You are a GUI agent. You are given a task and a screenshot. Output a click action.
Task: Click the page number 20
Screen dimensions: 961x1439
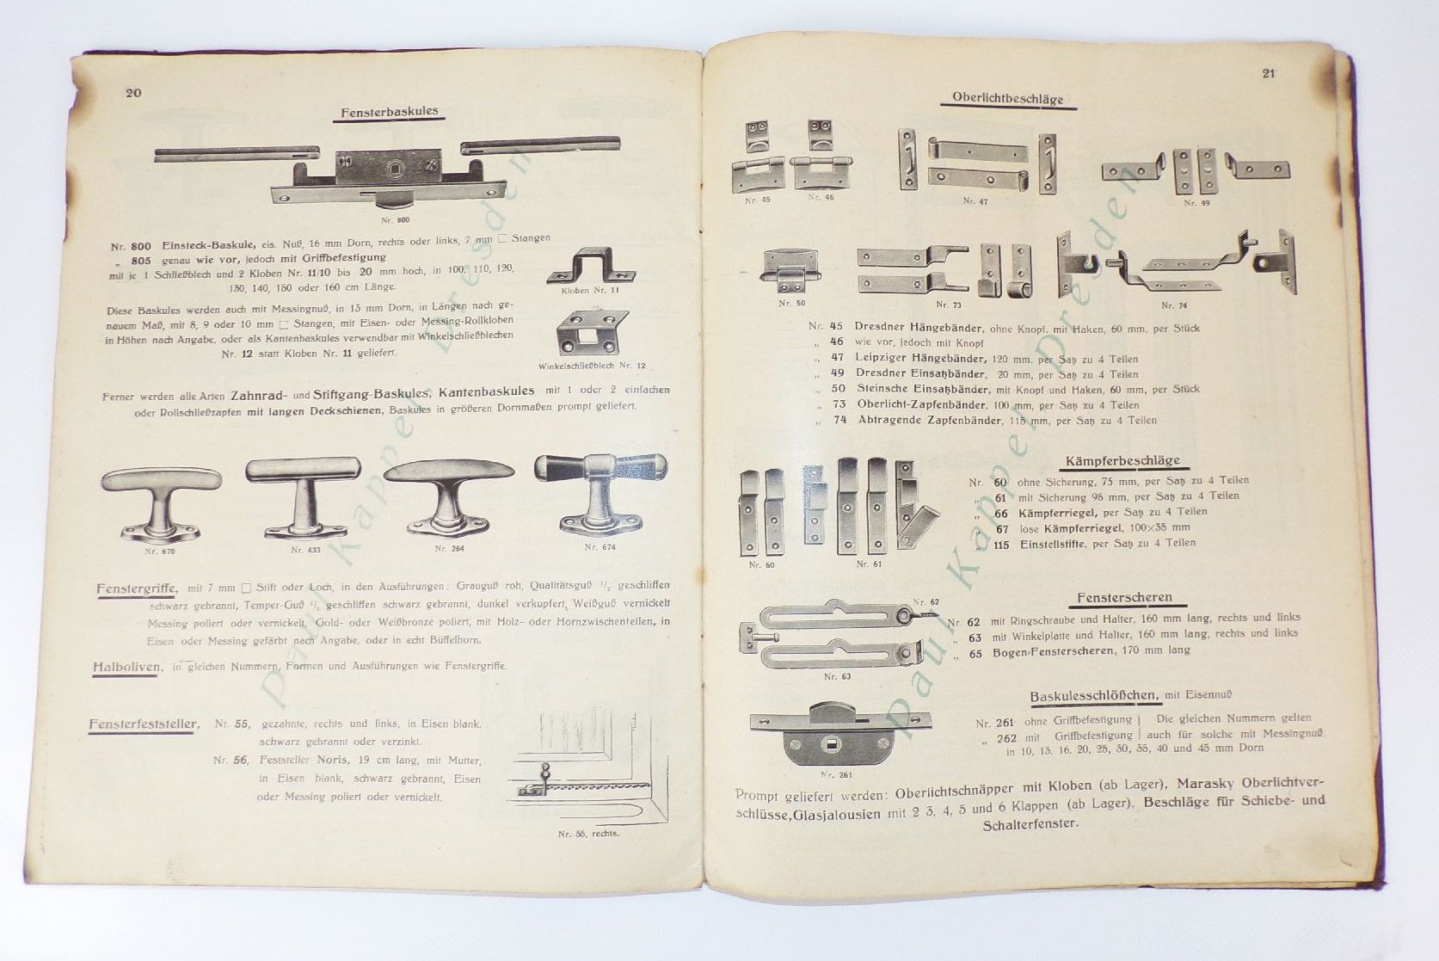(133, 93)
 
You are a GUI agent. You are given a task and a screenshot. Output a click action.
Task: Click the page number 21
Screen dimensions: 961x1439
(1268, 73)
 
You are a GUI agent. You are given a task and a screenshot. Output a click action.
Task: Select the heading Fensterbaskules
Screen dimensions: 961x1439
(390, 112)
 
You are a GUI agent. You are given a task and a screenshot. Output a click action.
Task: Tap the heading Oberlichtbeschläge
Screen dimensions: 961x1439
(1007, 98)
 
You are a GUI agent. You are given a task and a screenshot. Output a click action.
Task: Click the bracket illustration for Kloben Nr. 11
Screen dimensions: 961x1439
(592, 265)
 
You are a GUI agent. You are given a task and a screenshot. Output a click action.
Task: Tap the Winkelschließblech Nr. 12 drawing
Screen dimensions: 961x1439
(592, 334)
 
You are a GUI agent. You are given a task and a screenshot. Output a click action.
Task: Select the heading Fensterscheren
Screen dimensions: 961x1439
(1124, 598)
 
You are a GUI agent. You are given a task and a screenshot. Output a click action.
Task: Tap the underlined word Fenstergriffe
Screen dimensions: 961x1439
(136, 589)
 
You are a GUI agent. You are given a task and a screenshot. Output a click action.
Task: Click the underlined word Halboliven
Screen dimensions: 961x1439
(126, 667)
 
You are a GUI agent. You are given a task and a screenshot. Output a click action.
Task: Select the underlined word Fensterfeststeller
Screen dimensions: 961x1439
(144, 724)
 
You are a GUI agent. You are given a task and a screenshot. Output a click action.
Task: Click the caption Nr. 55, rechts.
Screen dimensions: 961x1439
(588, 834)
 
